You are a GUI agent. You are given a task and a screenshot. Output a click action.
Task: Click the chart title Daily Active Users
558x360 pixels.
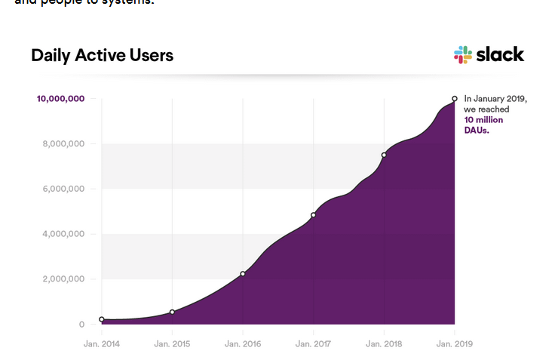coord(102,55)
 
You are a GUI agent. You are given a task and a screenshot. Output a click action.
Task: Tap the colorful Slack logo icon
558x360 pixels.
coord(462,54)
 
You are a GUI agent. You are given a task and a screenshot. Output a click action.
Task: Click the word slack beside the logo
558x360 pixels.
coord(500,54)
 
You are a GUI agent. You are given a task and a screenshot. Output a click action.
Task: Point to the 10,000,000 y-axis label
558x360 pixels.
coord(60,99)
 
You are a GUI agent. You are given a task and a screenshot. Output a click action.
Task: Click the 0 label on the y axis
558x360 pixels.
coord(81,325)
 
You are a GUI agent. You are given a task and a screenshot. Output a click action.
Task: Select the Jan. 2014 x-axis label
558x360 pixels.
coord(102,343)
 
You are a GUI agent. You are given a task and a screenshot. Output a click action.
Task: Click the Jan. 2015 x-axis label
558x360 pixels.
coord(172,343)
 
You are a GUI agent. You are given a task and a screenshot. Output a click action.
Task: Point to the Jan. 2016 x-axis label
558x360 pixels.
coord(243,343)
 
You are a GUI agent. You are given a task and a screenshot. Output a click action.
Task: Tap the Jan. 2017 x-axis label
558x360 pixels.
coord(313,343)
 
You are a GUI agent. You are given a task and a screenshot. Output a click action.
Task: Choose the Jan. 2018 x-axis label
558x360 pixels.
coord(384,343)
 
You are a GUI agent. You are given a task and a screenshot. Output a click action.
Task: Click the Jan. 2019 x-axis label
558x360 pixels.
coord(454,343)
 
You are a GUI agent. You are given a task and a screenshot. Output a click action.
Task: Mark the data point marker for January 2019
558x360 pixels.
coord(454,98)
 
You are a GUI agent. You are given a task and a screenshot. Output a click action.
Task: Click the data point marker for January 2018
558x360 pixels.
coord(384,155)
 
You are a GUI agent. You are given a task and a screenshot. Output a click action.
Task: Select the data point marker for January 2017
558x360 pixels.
coord(313,215)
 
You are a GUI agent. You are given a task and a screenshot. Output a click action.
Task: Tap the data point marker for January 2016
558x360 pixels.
coord(243,274)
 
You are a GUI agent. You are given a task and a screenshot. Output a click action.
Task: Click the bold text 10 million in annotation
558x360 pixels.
coord(483,120)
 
